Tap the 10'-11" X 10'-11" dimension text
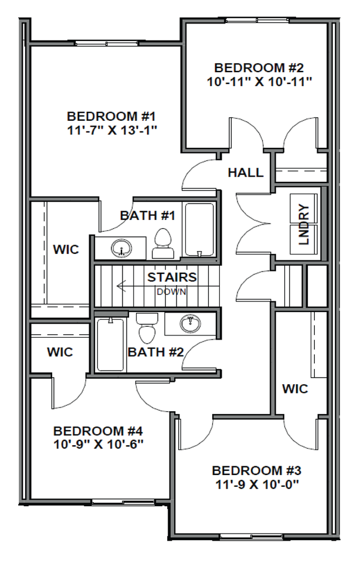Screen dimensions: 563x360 [x=258, y=81]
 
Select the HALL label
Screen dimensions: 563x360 [x=245, y=172]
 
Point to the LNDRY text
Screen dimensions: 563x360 [x=303, y=224]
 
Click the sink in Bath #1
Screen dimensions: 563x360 [x=121, y=249]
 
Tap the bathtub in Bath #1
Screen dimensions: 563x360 [x=199, y=229]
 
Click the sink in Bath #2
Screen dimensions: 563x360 [x=189, y=323]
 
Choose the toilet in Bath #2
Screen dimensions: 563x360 [x=147, y=328]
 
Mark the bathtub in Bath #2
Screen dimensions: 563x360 [x=110, y=344]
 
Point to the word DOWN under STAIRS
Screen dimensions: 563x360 [x=171, y=291]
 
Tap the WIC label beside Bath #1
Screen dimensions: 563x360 [x=66, y=250]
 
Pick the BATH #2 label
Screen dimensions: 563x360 [x=156, y=352]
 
